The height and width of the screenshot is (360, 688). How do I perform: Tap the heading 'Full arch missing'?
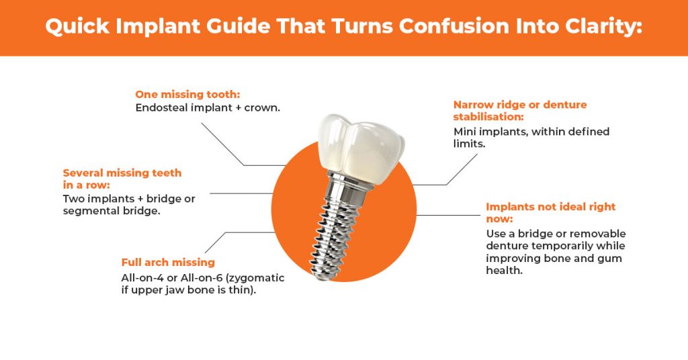(168, 262)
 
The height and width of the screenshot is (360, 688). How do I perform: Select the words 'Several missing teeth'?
(122, 173)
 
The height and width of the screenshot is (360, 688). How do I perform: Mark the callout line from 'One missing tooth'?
(222, 143)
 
